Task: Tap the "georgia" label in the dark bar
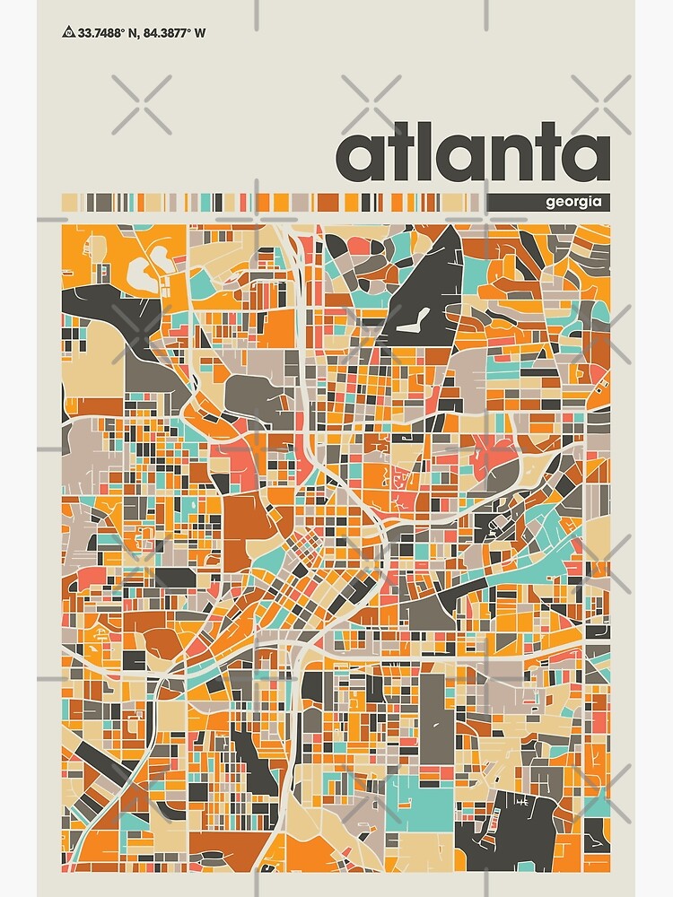(572, 203)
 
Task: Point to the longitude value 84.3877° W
(176, 33)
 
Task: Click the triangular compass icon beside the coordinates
(68, 33)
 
